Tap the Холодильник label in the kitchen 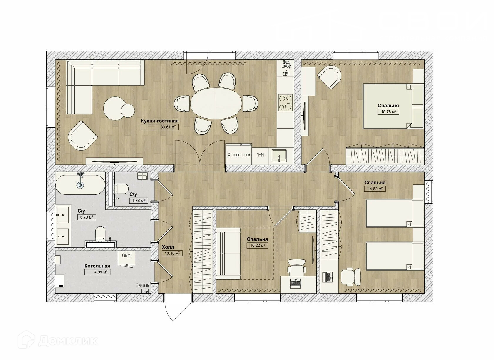coord(239,155)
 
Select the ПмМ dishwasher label coord(260,155)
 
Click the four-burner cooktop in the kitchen coord(285,103)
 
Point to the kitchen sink coord(279,156)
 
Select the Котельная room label coord(97,266)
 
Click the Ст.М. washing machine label coord(126,256)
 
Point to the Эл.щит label coord(142,285)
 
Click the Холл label coord(168,247)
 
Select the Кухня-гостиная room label coord(160,121)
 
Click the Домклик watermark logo coord(58,341)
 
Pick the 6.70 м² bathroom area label coord(87,217)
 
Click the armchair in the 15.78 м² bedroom coord(329,77)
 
